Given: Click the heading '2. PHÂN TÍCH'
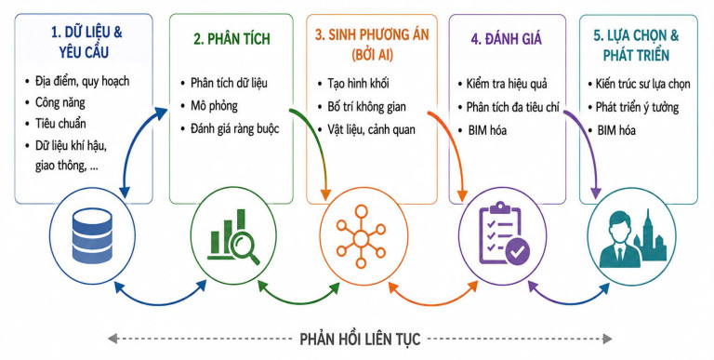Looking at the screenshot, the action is pos(231,39).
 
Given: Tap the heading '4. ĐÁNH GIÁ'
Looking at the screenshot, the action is pos(507,39).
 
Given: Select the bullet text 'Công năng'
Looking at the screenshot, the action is pos(60,102).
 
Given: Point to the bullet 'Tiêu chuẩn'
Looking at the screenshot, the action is pos(60,124).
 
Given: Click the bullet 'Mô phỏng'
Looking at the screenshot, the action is pos(214,106).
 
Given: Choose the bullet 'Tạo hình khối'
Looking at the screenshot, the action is pos(358,84).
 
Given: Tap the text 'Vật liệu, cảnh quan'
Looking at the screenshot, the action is pos(371,129).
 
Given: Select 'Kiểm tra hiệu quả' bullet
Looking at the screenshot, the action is pos(507,84).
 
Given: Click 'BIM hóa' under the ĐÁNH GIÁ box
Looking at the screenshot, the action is pos(487,130).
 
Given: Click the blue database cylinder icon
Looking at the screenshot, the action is pos(92,235).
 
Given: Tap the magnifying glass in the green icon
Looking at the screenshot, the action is pos(245,247).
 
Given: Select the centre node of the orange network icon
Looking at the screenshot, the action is pos(361,238).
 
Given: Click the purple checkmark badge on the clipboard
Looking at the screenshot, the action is pos(518,250).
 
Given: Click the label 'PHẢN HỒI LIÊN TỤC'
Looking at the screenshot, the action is pos(360,339).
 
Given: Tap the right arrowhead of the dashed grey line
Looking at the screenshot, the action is pos(607,339).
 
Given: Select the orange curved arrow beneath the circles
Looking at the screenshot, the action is pos(432,304).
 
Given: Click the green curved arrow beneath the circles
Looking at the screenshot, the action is pos(299,303).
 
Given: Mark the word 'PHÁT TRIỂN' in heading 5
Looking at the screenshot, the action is pos(636,55).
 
